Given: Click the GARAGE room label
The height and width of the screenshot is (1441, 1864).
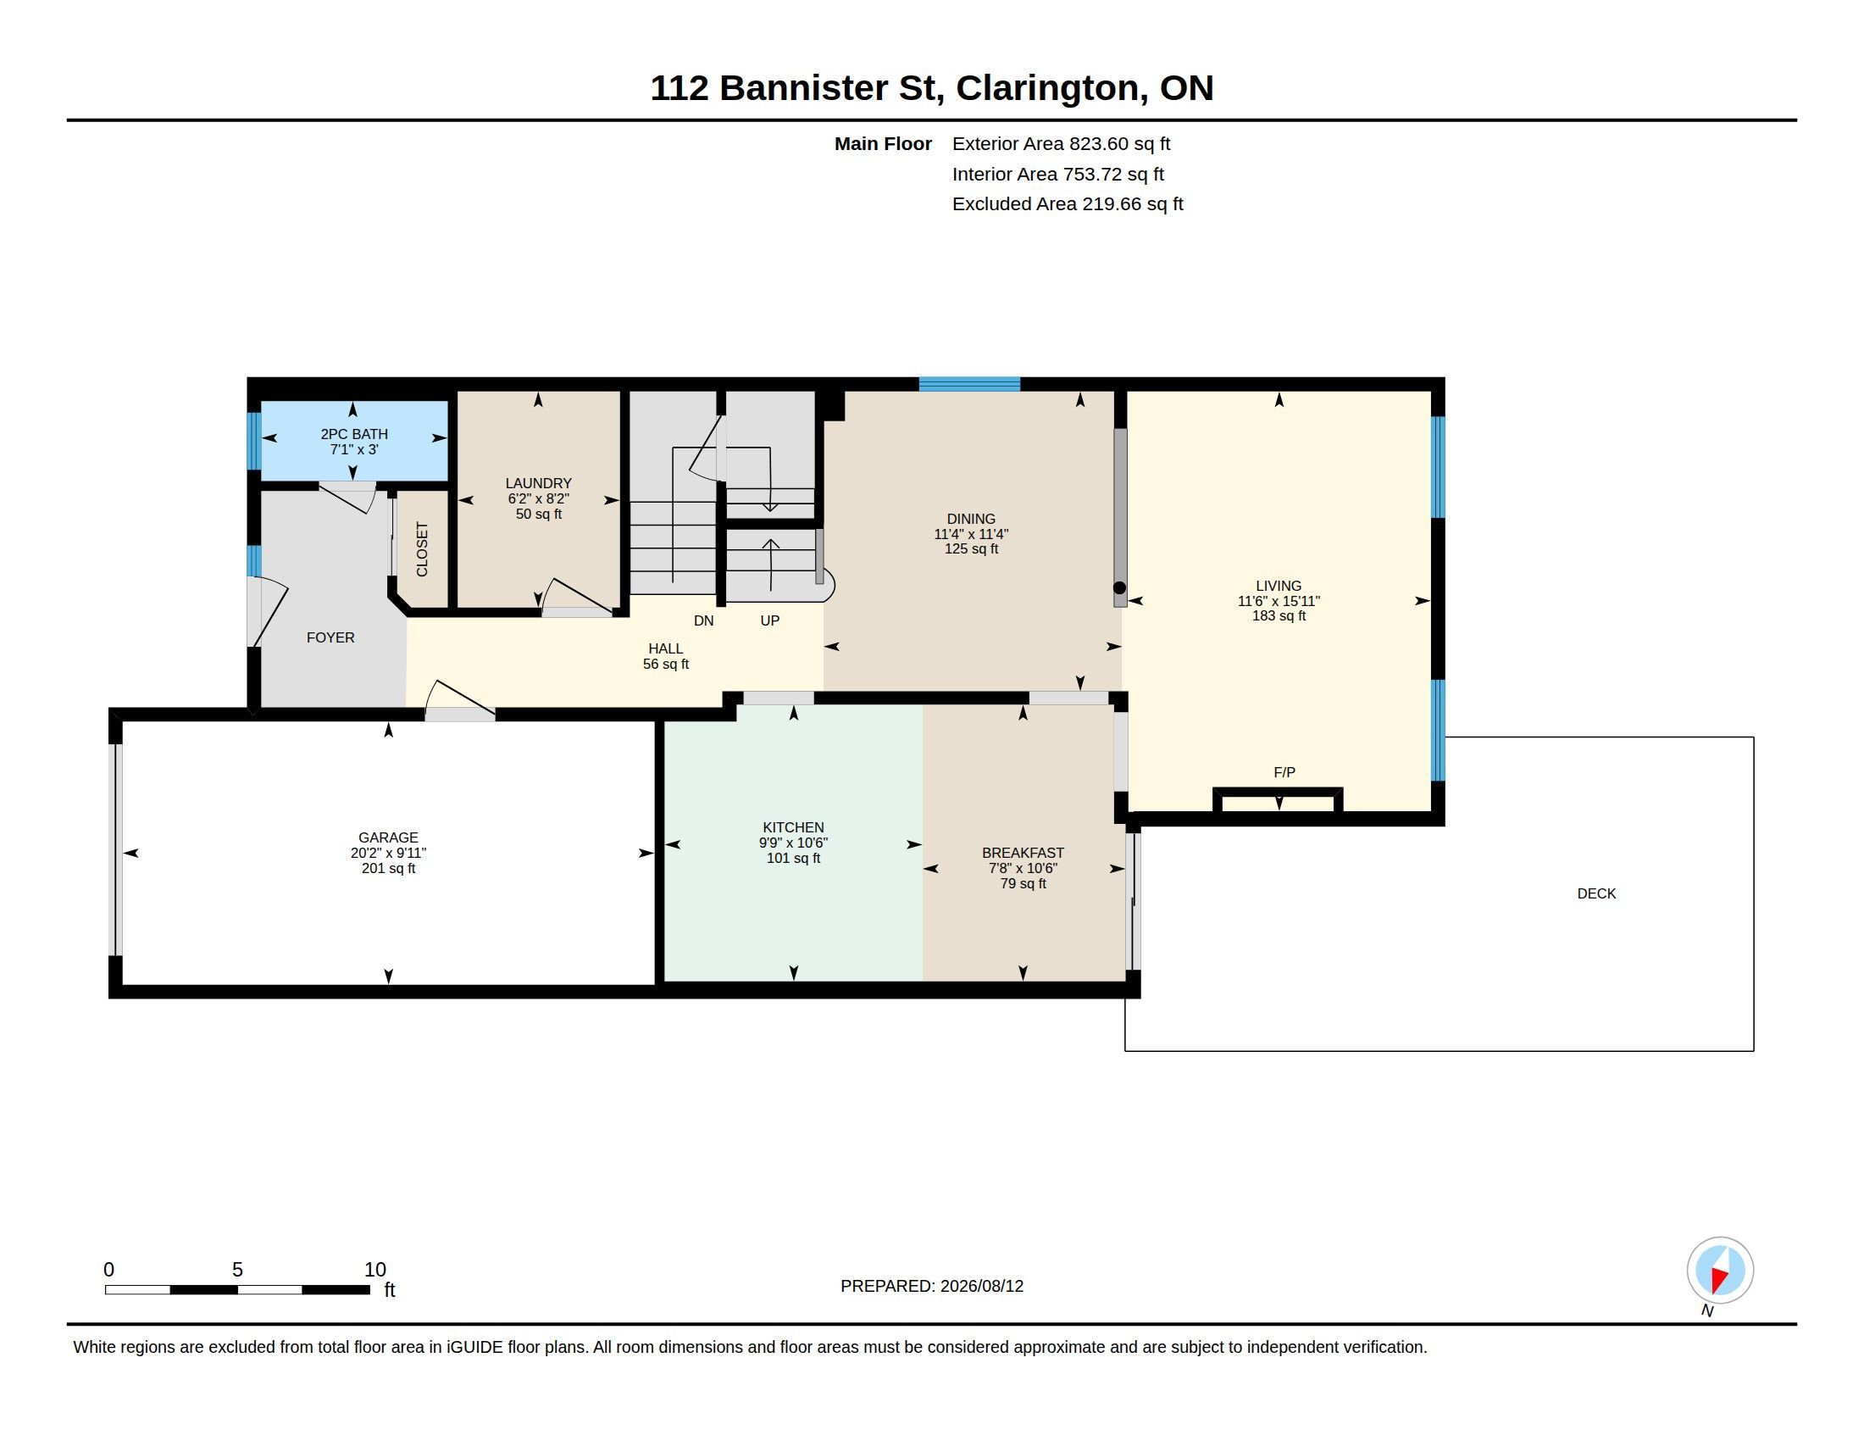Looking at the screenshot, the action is point(388,837).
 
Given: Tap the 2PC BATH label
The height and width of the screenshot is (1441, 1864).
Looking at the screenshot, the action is point(354,434).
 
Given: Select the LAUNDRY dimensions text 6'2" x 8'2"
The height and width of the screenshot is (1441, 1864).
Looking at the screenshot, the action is point(539,498).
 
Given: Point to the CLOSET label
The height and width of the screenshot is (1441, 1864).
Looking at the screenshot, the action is point(422,549).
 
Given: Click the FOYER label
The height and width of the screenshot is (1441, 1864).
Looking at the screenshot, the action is point(330,637).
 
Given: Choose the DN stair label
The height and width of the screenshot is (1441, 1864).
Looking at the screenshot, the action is point(703,620).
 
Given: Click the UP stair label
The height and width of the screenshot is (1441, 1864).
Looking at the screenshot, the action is point(770,620).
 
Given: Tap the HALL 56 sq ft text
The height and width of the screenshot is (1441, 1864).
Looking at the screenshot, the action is point(666,665).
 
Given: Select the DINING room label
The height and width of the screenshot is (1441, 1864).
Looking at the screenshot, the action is point(971,519).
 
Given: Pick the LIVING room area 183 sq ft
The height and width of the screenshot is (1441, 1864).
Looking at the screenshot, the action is point(1279,615).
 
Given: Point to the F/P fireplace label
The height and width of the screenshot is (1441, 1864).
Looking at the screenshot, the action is point(1284,771).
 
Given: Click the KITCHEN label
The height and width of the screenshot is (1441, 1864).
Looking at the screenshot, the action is point(794,827).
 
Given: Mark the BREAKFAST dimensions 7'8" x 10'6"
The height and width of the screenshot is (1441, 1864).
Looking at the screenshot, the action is point(1024,868).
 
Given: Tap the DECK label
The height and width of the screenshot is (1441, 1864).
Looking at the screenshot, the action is point(1596,893).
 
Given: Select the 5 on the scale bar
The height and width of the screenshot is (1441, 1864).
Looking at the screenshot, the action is point(237,1270).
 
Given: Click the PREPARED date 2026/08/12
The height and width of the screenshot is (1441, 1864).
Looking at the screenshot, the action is point(981,1286).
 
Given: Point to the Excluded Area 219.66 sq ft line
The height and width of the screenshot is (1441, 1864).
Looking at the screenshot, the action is point(1068,204).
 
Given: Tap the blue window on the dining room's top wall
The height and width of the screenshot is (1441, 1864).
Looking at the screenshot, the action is point(969,384).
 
